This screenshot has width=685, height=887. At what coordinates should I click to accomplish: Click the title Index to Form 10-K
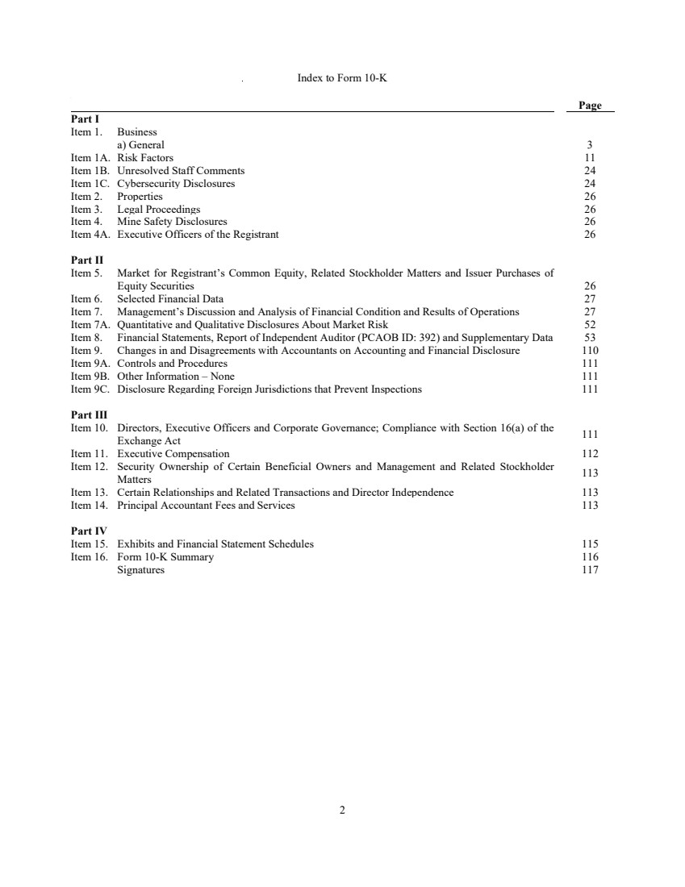click(342, 78)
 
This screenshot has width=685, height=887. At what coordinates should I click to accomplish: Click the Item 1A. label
click(90, 158)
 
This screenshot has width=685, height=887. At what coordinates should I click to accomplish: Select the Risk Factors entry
click(145, 158)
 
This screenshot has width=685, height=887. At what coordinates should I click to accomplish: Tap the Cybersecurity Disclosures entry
click(176, 184)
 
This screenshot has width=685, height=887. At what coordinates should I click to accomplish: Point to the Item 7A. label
click(90, 325)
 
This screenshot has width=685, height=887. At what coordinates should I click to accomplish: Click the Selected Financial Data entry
click(170, 299)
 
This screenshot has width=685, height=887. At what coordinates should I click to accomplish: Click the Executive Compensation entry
click(173, 454)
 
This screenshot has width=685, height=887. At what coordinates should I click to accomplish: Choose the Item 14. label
click(90, 506)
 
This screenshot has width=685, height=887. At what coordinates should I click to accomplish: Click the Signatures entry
click(140, 570)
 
